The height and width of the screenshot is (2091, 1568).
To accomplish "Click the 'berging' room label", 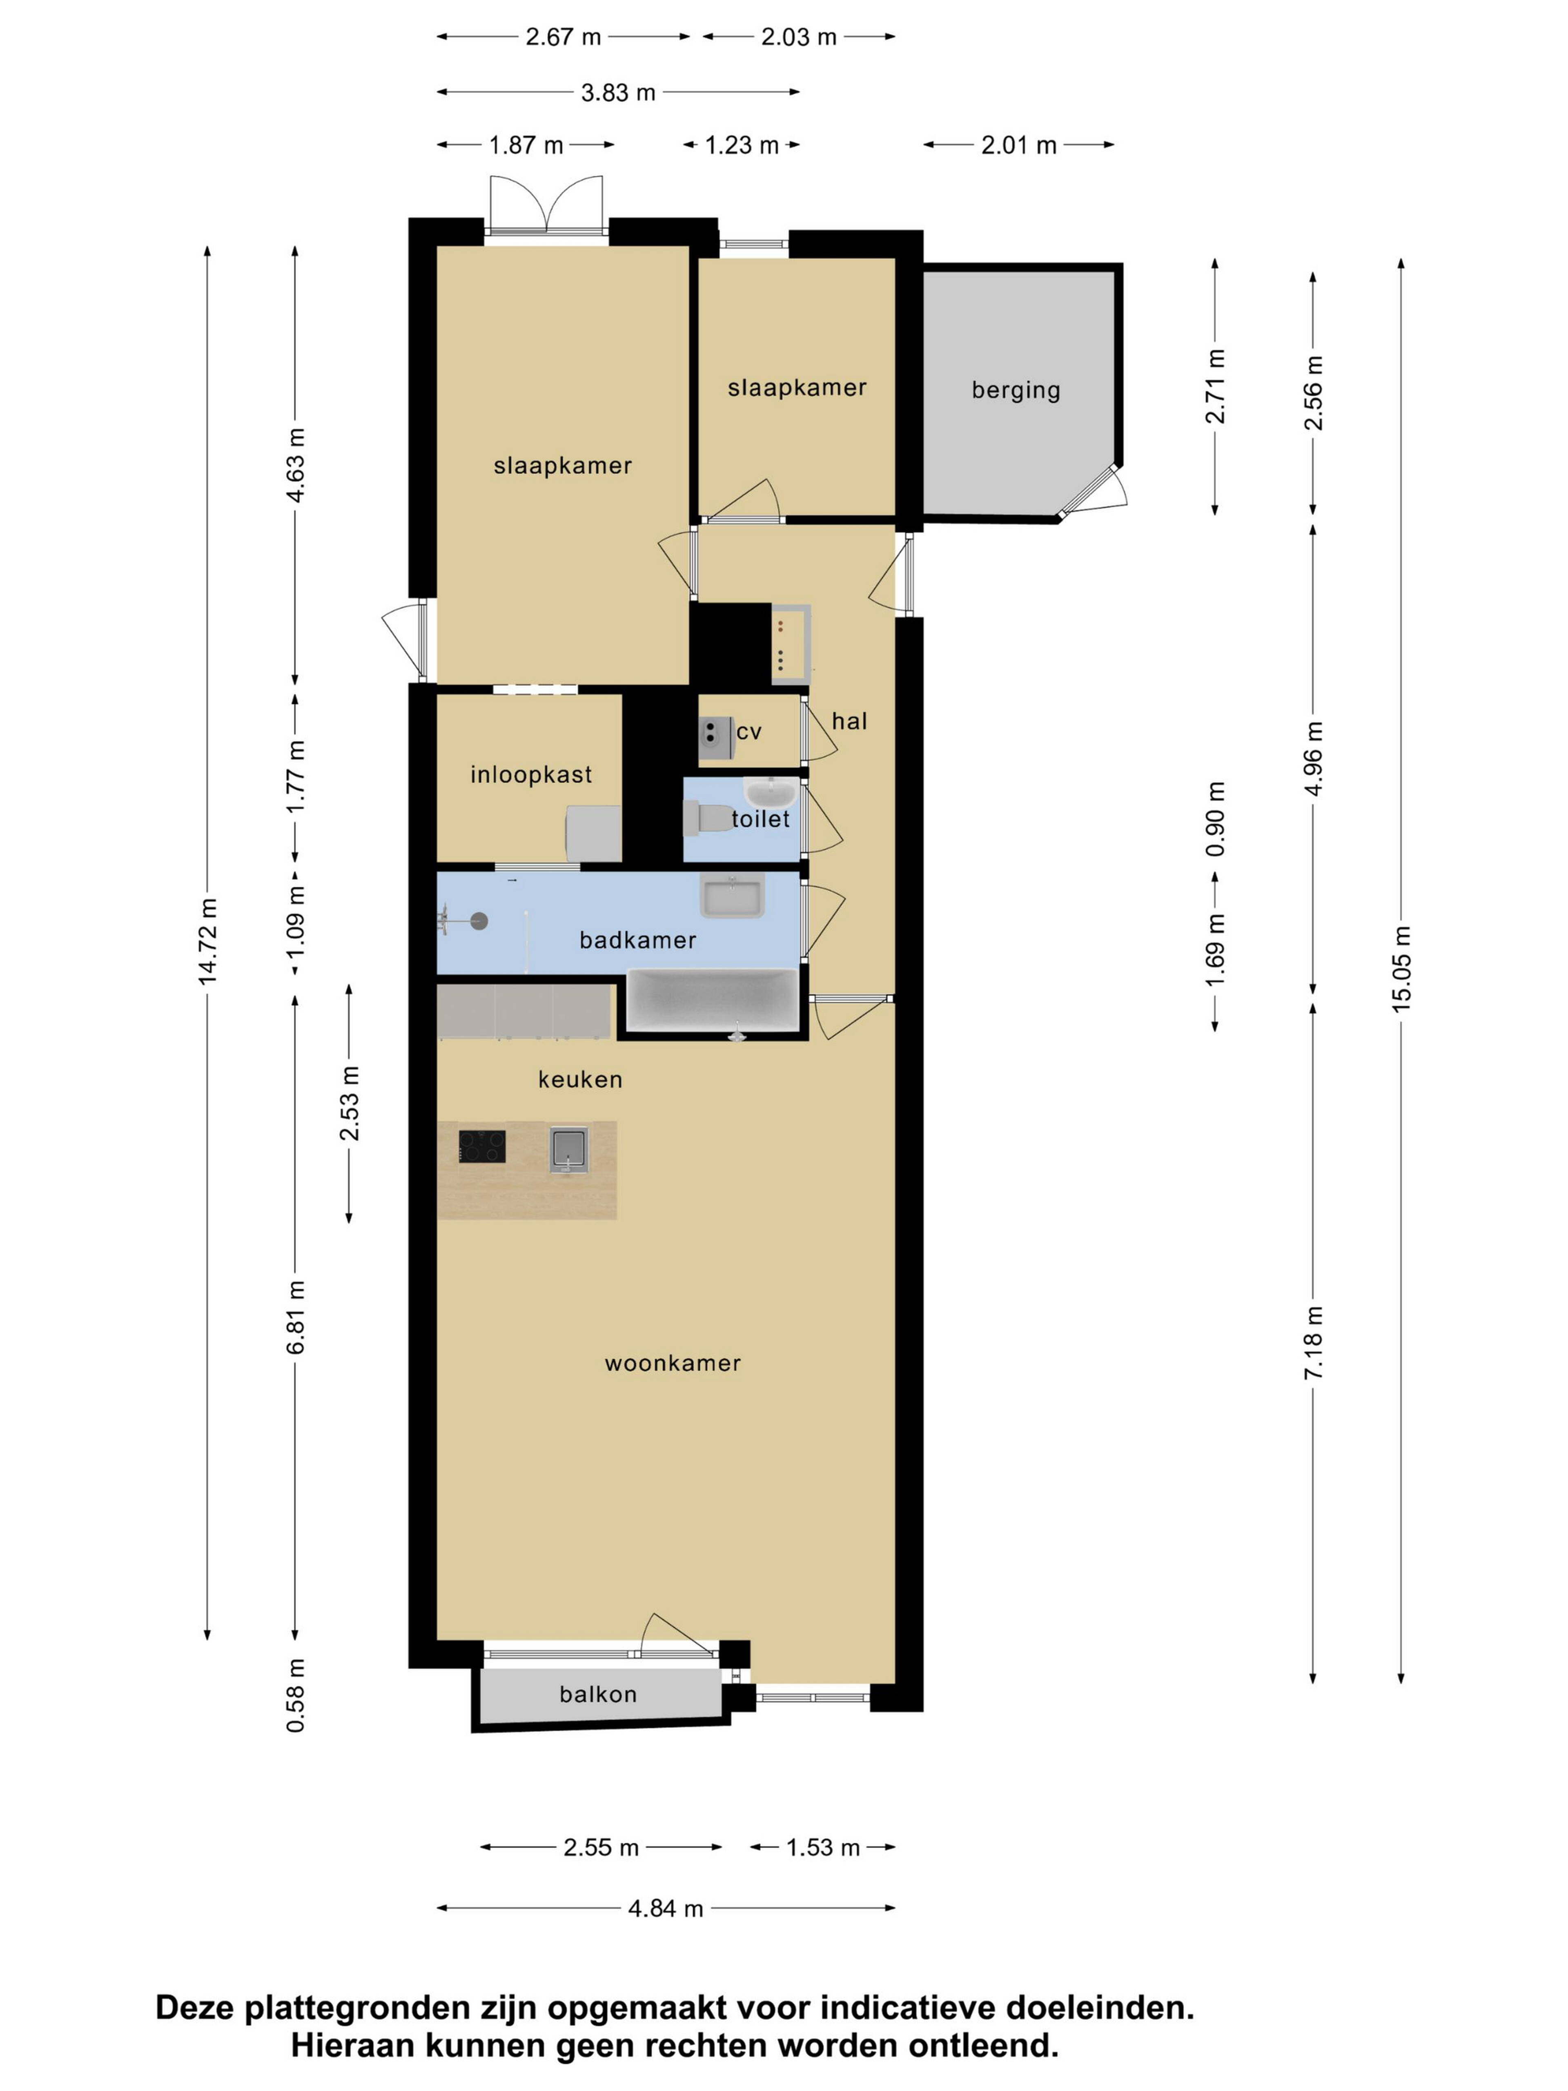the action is (1016, 390).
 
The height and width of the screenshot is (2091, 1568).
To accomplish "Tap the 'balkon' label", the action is (598, 1694).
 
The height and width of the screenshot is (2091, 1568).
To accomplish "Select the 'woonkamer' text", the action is (673, 1363).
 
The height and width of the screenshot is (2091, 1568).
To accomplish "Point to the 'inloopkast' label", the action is (531, 775).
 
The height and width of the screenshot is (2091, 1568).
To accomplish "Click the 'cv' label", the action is (748, 732).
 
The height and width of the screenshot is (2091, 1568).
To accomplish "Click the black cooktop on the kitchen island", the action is (482, 1147).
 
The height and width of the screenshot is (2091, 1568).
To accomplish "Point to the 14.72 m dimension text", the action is (207, 941).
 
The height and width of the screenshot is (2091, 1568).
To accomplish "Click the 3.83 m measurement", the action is (618, 93).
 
